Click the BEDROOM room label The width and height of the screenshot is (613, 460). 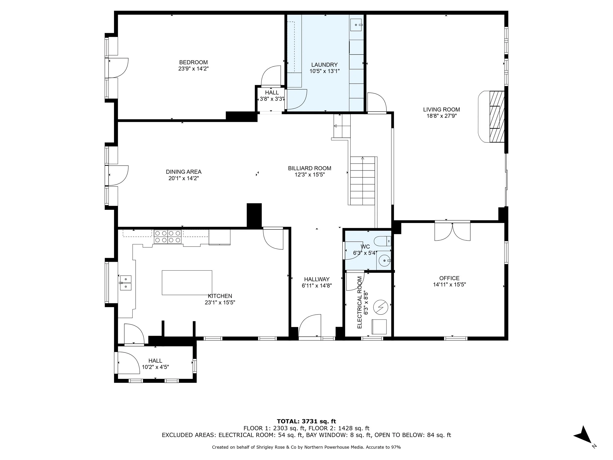point(193,62)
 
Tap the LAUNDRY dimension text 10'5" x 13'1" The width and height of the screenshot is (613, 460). point(324,71)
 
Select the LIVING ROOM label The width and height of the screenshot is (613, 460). point(441,109)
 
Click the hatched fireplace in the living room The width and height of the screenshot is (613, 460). point(497,117)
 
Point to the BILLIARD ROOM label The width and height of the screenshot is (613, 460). point(309,168)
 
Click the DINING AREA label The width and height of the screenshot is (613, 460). point(184,172)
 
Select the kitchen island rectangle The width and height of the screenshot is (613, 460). point(187,283)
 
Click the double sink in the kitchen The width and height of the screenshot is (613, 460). point(126,283)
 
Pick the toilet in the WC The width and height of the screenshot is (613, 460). point(382,241)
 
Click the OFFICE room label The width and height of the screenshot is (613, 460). point(449,278)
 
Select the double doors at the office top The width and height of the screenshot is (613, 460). point(452,231)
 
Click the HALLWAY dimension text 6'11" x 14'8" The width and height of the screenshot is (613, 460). point(317,286)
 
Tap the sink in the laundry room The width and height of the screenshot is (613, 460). point(356,25)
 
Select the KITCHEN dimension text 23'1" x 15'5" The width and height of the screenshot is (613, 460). point(220,302)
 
